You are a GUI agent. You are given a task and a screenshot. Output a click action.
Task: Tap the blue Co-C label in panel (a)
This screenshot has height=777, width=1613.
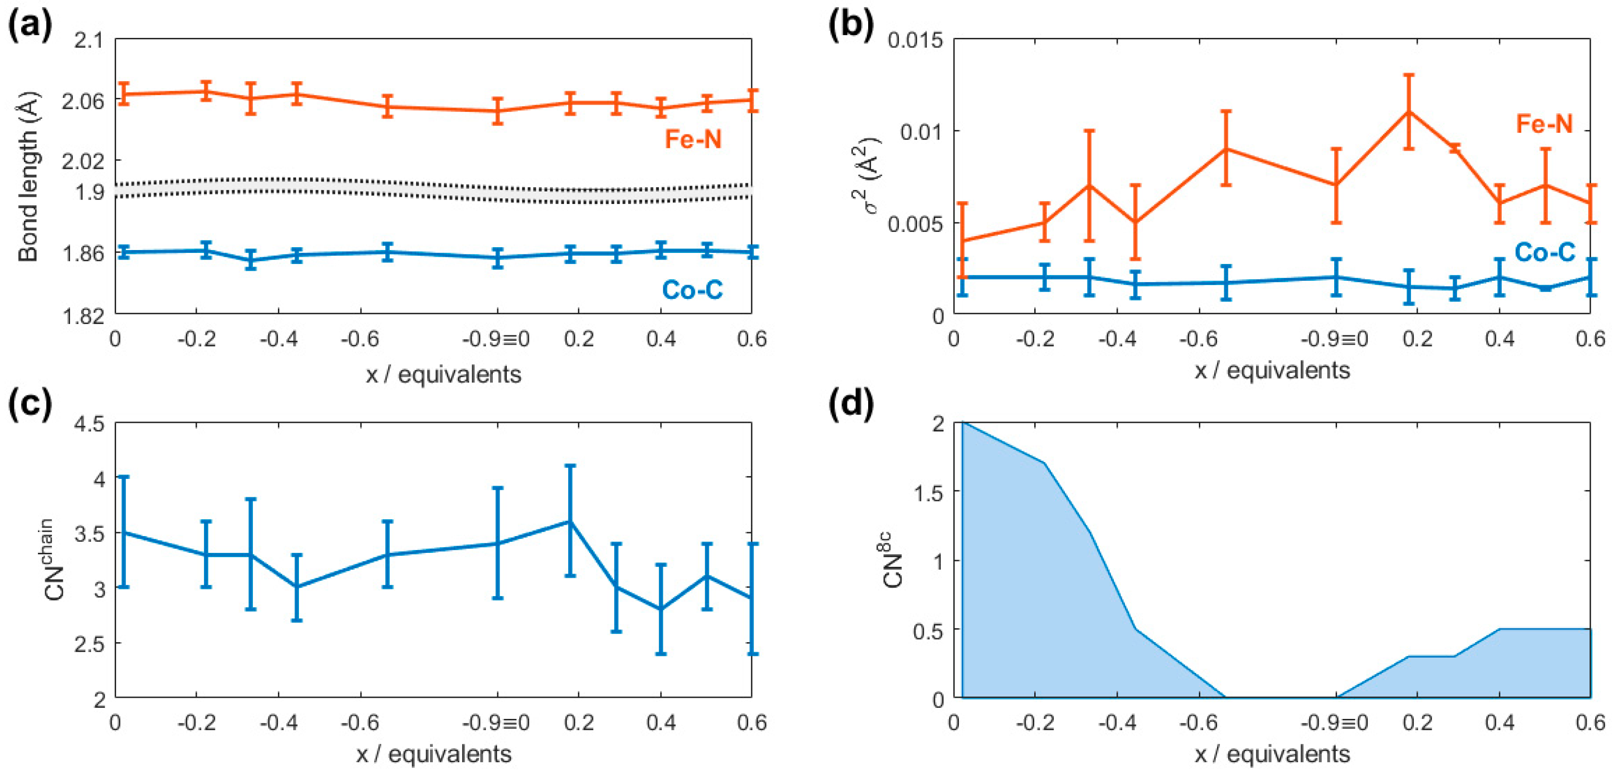(x=692, y=289)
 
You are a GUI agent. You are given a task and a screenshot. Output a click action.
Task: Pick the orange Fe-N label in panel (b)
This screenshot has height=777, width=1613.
(x=1544, y=123)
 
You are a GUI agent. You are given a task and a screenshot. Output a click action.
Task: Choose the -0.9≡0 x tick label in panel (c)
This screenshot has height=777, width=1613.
(x=496, y=723)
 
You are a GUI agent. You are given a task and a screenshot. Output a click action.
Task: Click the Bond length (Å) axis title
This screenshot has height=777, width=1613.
(x=28, y=177)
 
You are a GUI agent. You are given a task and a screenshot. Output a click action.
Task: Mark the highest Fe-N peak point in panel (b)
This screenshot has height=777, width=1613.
(x=1408, y=111)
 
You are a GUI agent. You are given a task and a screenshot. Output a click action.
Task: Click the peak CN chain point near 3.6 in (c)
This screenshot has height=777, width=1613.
(x=570, y=521)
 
